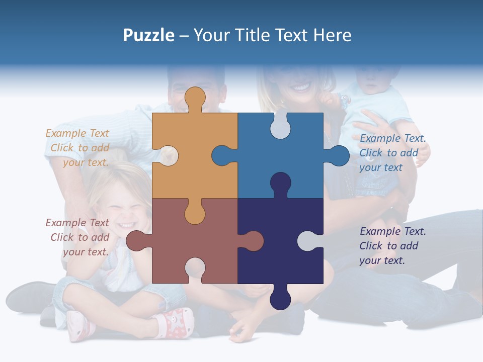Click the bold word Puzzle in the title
tap(148, 35)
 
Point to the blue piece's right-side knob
tap(338, 156)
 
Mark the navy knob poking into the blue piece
tap(280, 184)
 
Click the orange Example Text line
tap(77, 133)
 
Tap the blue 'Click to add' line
tap(388, 153)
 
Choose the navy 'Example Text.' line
tap(392, 231)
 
